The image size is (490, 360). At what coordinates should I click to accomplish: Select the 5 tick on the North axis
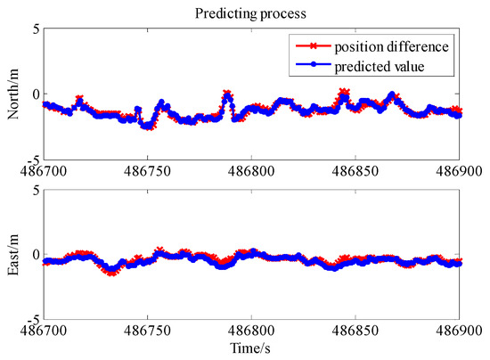pyautogui.click(x=31, y=29)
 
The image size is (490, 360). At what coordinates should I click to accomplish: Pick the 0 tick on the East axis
pyautogui.click(x=31, y=254)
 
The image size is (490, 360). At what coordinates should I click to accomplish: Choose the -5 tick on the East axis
pyautogui.click(x=28, y=318)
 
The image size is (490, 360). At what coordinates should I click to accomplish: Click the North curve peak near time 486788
pyautogui.click(x=227, y=93)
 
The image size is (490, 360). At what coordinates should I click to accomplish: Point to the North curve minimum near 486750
pyautogui.click(x=147, y=127)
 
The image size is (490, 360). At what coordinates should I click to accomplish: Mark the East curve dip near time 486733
pyautogui.click(x=112, y=272)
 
